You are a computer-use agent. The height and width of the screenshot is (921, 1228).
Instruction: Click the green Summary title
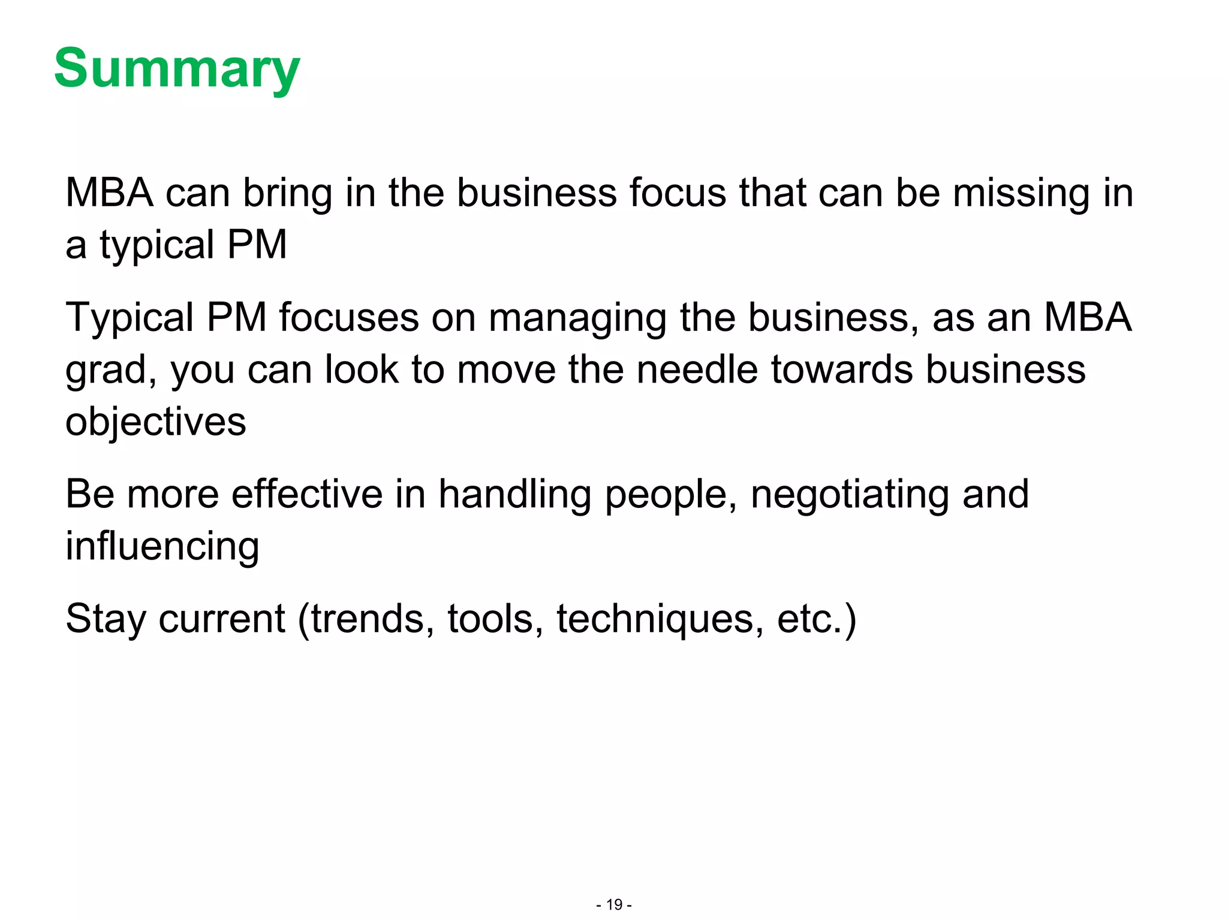tap(177, 69)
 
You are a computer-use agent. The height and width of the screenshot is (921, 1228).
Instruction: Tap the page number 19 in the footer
tap(614, 904)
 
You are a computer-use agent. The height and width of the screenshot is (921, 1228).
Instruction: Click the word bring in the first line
tap(287, 193)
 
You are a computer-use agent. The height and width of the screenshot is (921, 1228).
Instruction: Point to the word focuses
tap(348, 317)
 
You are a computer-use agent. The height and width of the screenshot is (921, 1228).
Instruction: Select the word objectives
tap(156, 422)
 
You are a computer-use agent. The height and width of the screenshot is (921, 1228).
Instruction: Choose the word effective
tap(307, 494)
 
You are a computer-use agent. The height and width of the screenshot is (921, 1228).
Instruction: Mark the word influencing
tap(162, 547)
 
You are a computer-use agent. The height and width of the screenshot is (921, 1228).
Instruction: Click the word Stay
tap(106, 619)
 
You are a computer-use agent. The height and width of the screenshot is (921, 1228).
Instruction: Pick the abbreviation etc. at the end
tap(810, 619)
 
